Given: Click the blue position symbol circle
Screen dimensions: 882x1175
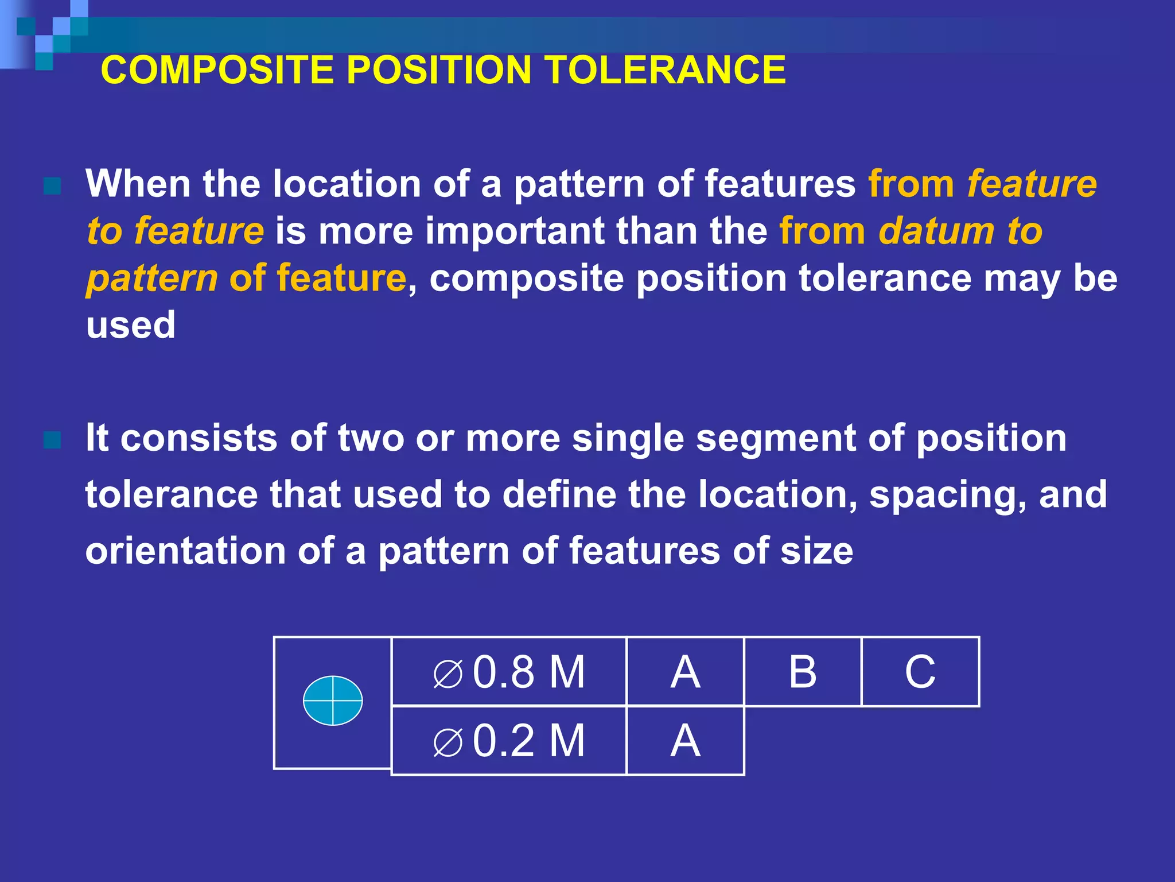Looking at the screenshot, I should tap(333, 701).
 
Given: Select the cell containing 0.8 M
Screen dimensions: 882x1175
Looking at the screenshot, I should tap(509, 671).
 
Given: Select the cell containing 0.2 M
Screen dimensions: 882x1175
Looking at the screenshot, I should tap(509, 741).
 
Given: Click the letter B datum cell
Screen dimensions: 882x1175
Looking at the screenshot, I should tap(802, 671).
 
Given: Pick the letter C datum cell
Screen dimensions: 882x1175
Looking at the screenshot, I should tap(920, 671).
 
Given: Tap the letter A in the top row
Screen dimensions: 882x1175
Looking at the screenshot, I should tap(685, 671).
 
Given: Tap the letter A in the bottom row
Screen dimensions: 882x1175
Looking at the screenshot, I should tap(685, 741).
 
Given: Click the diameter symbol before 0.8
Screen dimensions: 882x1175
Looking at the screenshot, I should tap(448, 674).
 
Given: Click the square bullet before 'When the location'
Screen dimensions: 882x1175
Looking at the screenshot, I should tap(52, 186).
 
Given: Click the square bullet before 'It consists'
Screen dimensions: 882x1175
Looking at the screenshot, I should tap(52, 440).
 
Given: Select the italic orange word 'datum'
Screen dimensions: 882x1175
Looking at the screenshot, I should tap(936, 231).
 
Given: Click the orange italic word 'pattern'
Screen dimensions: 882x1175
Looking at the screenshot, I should tap(152, 278).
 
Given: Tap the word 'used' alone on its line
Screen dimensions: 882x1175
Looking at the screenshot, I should tap(130, 325).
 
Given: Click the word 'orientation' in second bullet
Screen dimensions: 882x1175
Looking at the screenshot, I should tap(185, 551).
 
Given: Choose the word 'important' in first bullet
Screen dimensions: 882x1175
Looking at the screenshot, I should tap(514, 232).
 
